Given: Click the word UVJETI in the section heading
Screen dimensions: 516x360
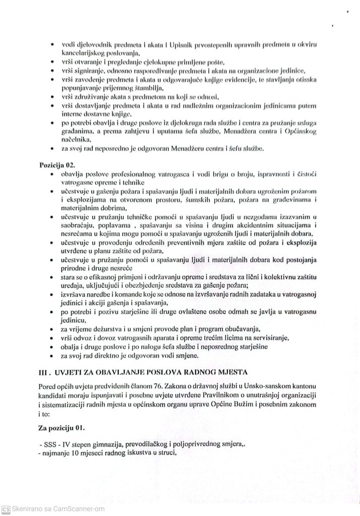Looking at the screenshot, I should (x=75, y=372).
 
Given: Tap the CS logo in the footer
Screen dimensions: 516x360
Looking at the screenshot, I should (x=6, y=508).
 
